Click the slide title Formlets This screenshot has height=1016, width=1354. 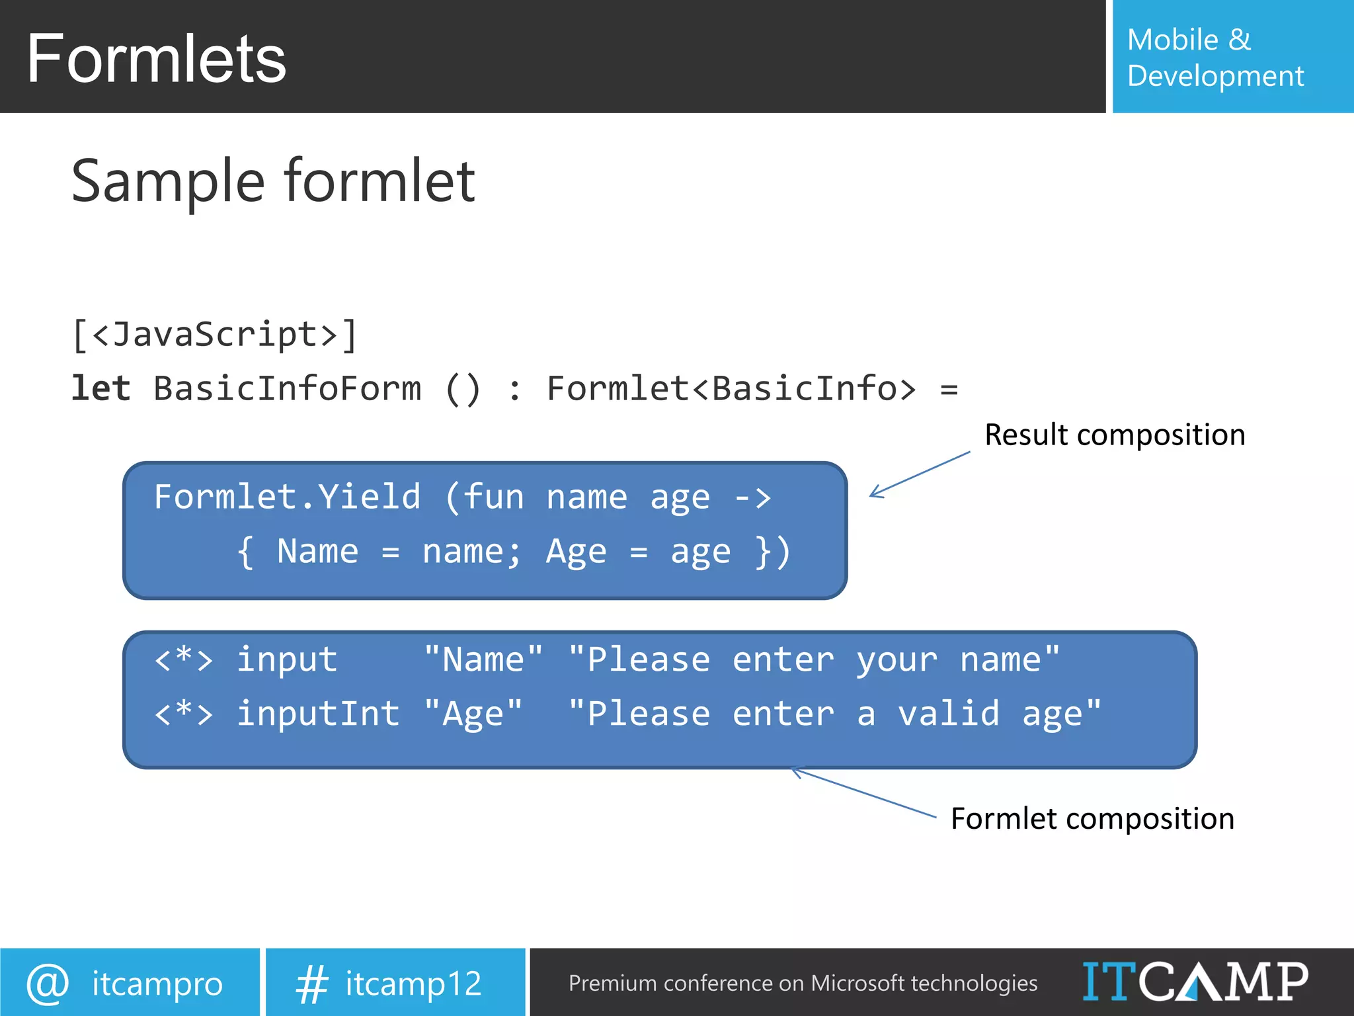156,60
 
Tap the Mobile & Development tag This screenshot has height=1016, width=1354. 1215,58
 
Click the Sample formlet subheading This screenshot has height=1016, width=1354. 272,181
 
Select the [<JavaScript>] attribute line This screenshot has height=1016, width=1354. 215,334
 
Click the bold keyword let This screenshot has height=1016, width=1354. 100,388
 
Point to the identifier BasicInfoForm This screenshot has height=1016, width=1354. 288,388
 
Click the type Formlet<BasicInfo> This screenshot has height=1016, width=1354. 731,388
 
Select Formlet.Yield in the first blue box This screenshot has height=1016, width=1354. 287,497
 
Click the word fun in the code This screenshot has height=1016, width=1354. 493,497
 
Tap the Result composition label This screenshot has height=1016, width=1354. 1115,435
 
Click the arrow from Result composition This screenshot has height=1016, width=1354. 919,474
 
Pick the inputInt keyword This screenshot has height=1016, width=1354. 318,714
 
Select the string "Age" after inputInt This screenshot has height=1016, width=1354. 473,714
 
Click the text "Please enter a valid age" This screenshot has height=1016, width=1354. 834,714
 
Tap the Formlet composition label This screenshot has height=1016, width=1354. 1092,819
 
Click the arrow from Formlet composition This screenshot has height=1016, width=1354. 863,792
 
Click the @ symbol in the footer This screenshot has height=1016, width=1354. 48,983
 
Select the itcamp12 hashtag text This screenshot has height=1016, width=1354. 413,984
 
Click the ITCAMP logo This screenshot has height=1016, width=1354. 1194,982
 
